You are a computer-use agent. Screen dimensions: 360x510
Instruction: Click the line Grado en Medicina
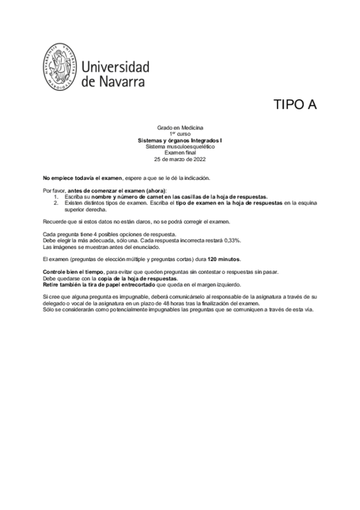tap(180, 128)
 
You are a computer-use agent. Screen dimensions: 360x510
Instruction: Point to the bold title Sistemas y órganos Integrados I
tap(180, 140)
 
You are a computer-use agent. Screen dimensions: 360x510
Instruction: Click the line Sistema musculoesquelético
tap(180, 146)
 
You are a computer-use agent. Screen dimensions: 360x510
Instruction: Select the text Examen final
tap(180, 152)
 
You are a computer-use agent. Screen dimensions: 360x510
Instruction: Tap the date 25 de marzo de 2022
tap(180, 159)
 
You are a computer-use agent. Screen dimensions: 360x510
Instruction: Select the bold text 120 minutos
tap(224, 259)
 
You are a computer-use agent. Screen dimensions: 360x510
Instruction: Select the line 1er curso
tap(180, 134)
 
